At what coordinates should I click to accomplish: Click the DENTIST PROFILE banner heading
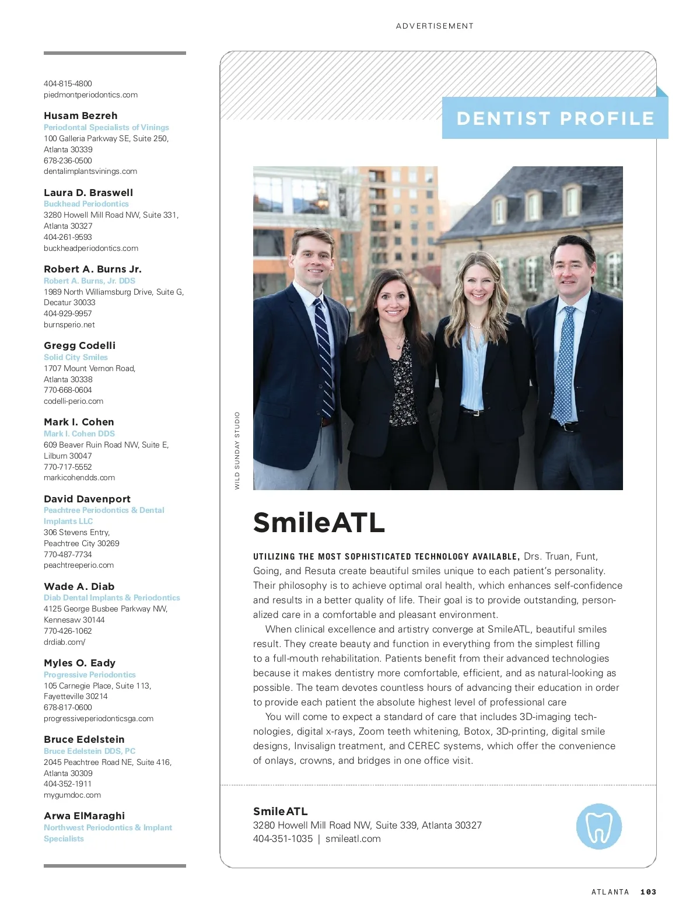555,118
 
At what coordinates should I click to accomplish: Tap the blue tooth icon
598,826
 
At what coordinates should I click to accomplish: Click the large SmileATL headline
319,522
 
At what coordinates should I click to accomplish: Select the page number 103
648,892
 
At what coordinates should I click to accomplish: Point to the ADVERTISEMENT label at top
435,26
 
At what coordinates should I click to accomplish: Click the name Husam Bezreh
80,116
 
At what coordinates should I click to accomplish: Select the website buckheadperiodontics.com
91,248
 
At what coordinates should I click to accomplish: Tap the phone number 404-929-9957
68,313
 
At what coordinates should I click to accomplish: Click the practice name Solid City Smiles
76,357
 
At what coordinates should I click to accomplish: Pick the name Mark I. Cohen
79,422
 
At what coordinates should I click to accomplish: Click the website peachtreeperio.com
79,565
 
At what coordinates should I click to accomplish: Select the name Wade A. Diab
79,586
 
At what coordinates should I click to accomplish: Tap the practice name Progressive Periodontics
89,675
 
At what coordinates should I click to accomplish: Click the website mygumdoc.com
72,795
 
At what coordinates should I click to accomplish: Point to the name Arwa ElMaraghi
84,816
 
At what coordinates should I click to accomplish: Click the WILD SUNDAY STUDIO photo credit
237,450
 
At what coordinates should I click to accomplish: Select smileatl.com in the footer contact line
353,838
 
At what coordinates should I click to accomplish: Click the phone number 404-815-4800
68,83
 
